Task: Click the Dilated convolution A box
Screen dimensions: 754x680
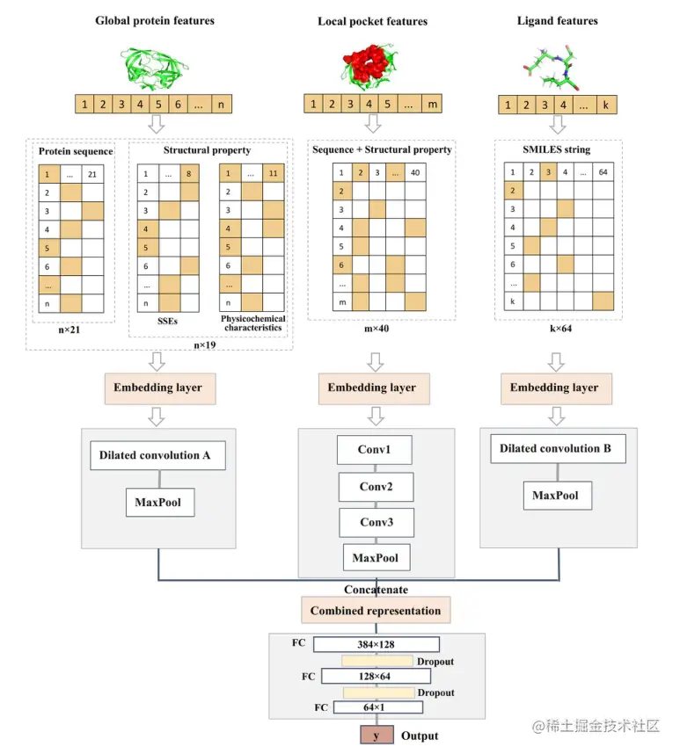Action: point(155,455)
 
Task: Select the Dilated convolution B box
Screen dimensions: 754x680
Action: point(555,448)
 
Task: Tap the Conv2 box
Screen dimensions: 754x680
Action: point(376,487)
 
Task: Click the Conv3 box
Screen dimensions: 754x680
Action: point(376,523)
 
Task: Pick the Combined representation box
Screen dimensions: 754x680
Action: point(376,610)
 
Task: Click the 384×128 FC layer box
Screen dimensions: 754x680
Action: point(376,644)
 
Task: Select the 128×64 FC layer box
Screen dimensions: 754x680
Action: point(376,676)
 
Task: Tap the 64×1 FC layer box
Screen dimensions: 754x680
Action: point(376,707)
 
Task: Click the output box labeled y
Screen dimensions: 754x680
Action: point(376,736)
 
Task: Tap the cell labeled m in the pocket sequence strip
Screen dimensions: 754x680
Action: point(432,104)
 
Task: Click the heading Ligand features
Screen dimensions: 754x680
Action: point(557,21)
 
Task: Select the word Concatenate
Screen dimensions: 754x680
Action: point(376,590)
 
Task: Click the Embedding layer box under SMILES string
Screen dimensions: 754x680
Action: point(554,388)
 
